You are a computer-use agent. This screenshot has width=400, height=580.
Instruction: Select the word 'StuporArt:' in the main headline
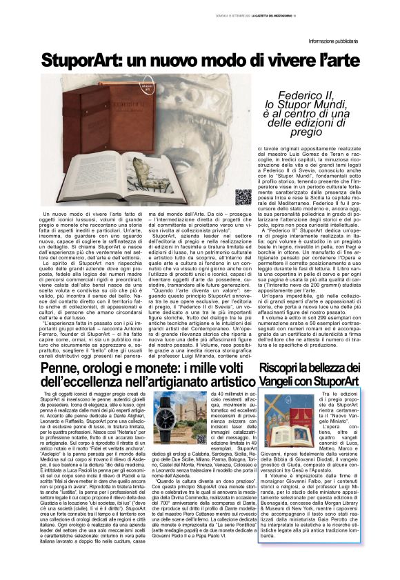point(78,61)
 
